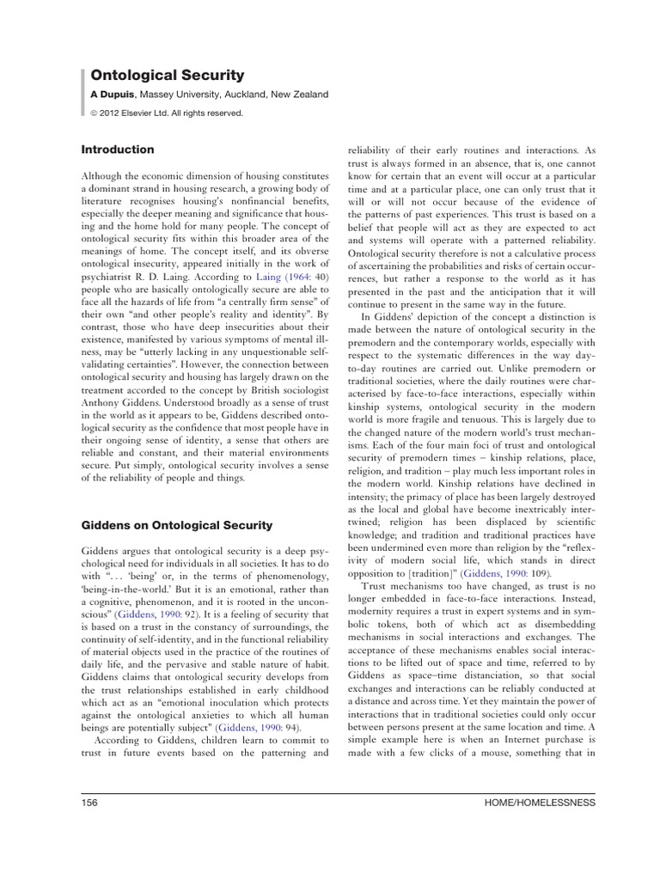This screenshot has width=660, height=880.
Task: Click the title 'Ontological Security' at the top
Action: click(168, 76)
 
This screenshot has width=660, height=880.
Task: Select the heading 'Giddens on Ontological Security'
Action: click(188, 525)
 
